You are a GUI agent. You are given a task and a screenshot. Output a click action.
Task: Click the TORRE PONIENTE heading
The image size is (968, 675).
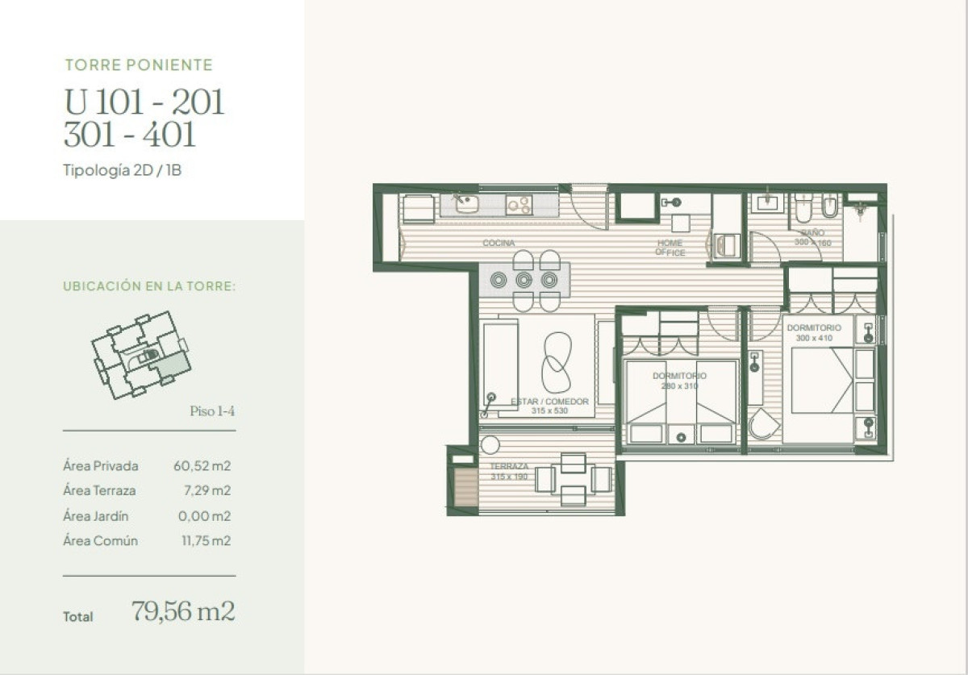(x=138, y=65)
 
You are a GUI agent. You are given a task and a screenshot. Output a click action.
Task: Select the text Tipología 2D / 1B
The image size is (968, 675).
(x=122, y=170)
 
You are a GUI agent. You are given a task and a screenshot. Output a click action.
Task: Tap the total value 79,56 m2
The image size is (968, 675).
(x=183, y=611)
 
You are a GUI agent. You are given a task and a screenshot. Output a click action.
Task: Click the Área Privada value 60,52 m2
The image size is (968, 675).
(x=202, y=465)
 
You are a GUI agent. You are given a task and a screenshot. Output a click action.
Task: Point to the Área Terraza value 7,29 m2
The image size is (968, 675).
(x=207, y=490)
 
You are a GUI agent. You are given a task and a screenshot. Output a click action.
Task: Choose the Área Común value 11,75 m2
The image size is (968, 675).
(x=205, y=540)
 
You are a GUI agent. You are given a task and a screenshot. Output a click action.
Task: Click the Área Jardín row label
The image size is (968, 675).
(x=95, y=516)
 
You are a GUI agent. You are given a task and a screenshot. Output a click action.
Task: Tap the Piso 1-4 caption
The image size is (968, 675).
(x=212, y=411)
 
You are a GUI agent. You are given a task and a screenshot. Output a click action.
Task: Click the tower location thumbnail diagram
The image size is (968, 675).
(x=141, y=356)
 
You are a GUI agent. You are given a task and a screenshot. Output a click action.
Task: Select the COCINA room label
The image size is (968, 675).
(x=499, y=243)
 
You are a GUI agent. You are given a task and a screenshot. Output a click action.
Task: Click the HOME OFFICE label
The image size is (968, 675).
(x=670, y=248)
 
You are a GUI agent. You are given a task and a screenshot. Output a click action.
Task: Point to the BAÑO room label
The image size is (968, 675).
(x=812, y=233)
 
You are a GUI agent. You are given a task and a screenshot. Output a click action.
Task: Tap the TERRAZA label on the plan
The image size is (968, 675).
(x=509, y=467)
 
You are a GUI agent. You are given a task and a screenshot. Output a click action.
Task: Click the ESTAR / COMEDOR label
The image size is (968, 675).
(x=550, y=401)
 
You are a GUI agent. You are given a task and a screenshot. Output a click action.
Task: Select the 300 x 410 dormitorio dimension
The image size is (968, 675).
(x=814, y=338)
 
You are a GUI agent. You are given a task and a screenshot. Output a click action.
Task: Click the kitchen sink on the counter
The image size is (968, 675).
(x=467, y=204)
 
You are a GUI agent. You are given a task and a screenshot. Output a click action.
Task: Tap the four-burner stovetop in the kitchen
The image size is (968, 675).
(x=518, y=205)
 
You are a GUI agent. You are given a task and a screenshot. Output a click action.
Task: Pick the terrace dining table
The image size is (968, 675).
(x=574, y=479)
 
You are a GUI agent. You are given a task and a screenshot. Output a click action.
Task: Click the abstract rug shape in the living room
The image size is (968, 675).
(x=555, y=363)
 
